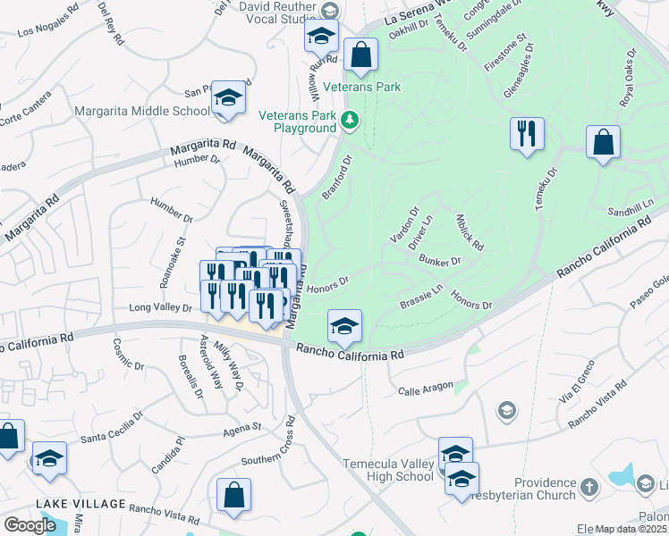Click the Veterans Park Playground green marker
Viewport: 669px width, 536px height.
351,119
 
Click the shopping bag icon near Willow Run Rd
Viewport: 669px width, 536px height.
360,54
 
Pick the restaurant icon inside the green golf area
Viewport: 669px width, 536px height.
527,134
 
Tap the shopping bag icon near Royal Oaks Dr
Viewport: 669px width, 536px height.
604,142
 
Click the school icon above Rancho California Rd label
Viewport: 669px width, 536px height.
343,327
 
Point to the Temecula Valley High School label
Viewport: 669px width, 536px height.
389,470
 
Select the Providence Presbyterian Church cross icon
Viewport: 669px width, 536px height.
589,487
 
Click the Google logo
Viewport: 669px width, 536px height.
30,525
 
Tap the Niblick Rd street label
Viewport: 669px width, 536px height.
470,232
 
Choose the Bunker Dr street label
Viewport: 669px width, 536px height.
439,261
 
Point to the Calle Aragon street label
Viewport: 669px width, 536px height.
421,391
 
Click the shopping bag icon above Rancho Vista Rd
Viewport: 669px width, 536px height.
233,495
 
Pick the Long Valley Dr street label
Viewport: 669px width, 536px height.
161,307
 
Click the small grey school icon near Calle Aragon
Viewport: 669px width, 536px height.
506,410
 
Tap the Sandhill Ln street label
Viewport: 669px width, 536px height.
631,212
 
